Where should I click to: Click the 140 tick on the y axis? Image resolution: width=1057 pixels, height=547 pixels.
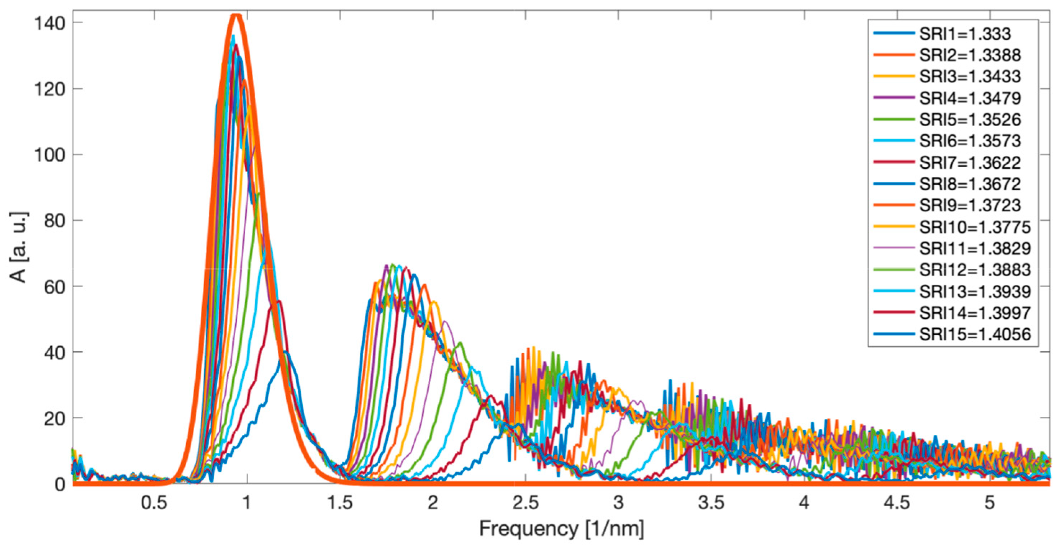click(50, 23)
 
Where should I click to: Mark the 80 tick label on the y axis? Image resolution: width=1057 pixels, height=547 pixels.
click(55, 221)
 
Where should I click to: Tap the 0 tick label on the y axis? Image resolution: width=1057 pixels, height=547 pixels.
click(60, 484)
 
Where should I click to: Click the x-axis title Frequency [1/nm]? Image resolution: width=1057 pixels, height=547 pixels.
click(561, 529)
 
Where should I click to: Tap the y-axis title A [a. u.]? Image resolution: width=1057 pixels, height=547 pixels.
click(18, 247)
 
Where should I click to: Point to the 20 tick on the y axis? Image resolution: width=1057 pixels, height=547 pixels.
click(55, 419)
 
